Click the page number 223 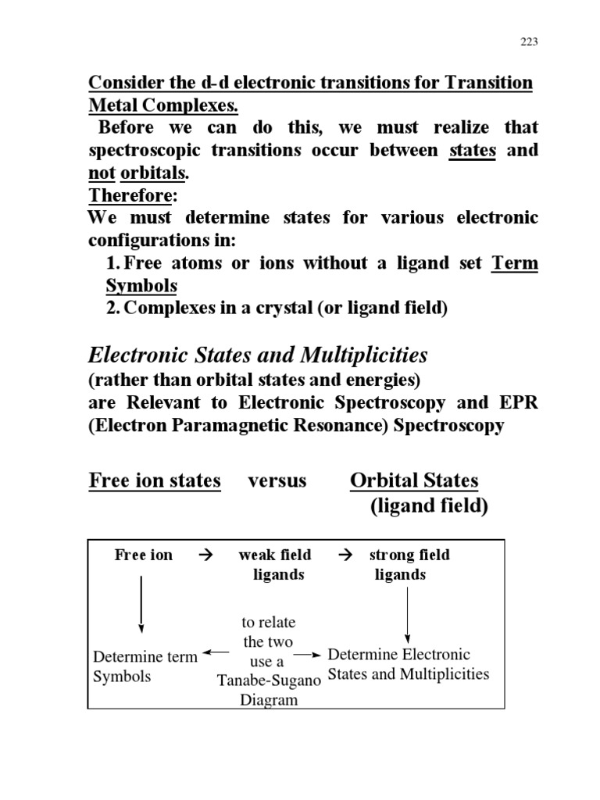click(x=529, y=42)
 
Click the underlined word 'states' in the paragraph click(x=473, y=150)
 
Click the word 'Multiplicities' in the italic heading click(x=363, y=356)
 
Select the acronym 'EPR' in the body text click(x=516, y=403)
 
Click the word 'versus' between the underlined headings click(x=277, y=480)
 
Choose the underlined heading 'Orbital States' click(x=414, y=480)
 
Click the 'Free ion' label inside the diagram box click(x=143, y=555)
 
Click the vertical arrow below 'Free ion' click(x=141, y=604)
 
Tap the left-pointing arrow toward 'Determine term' click(x=215, y=652)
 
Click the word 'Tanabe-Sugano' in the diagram click(x=268, y=680)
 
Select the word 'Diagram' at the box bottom click(x=269, y=700)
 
